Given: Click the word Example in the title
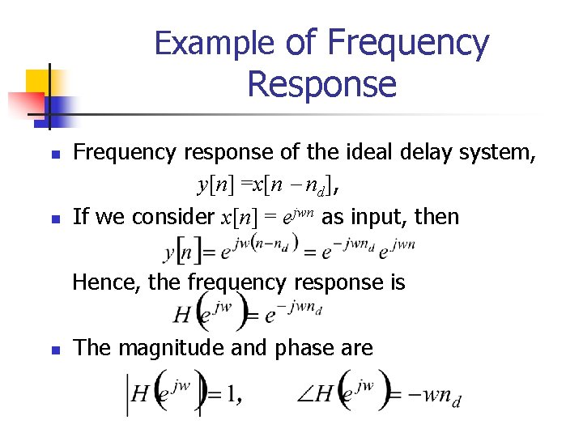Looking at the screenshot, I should [x=216, y=43].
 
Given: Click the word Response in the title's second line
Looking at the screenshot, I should [x=321, y=83].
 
